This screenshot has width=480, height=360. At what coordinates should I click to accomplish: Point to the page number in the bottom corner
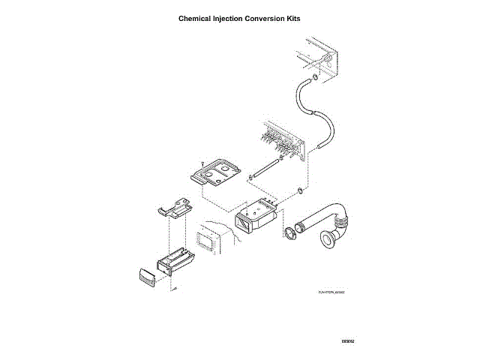(346, 341)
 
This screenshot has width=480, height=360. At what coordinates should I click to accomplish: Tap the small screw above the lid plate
(202, 160)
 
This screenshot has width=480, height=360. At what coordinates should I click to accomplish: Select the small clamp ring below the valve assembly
(300, 190)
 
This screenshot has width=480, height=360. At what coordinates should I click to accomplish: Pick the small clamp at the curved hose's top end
(316, 76)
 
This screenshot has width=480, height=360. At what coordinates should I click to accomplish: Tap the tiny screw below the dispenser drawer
(173, 289)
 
